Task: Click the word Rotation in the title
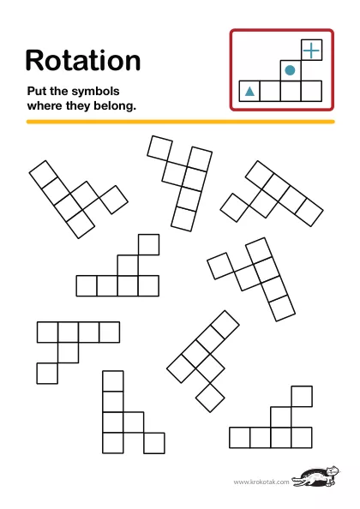tap(83, 60)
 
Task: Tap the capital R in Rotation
tap(33, 60)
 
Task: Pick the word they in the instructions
tap(78, 106)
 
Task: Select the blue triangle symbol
tap(249, 92)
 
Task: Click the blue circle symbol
tap(290, 70)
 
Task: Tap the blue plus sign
tap(311, 51)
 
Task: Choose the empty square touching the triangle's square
tap(270, 91)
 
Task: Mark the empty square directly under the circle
tap(291, 91)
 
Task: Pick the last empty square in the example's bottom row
tap(312, 91)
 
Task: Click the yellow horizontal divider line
tap(181, 122)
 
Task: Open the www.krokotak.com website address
tap(261, 482)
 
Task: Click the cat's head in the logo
tap(332, 470)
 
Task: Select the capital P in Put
tap(31, 91)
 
